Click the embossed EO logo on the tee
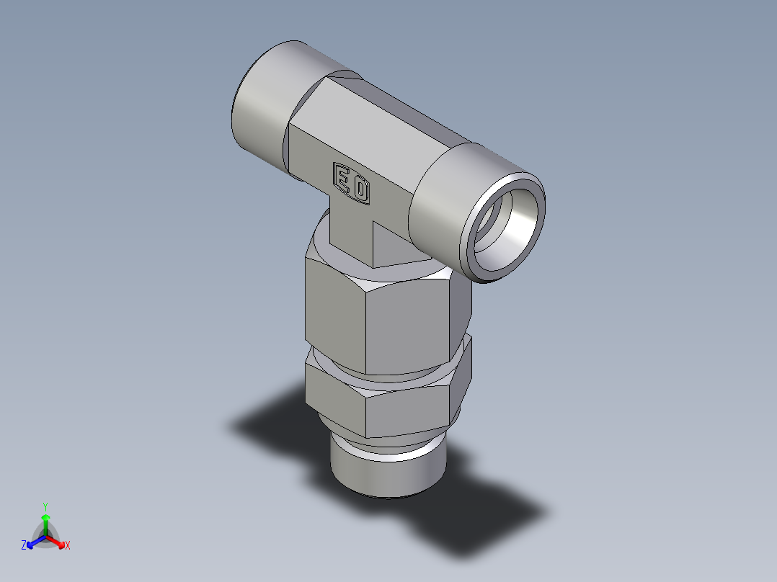pyautogui.click(x=352, y=182)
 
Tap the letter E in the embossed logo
pyautogui.click(x=343, y=176)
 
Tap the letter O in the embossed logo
pyautogui.click(x=360, y=189)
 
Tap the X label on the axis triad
pyautogui.click(x=68, y=545)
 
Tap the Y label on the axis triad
pyautogui.click(x=45, y=506)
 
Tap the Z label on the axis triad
pyautogui.click(x=24, y=545)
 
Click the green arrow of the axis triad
pyautogui.click(x=45, y=522)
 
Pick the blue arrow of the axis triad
pyautogui.click(x=34, y=542)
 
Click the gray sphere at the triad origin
pyautogui.click(x=45, y=537)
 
